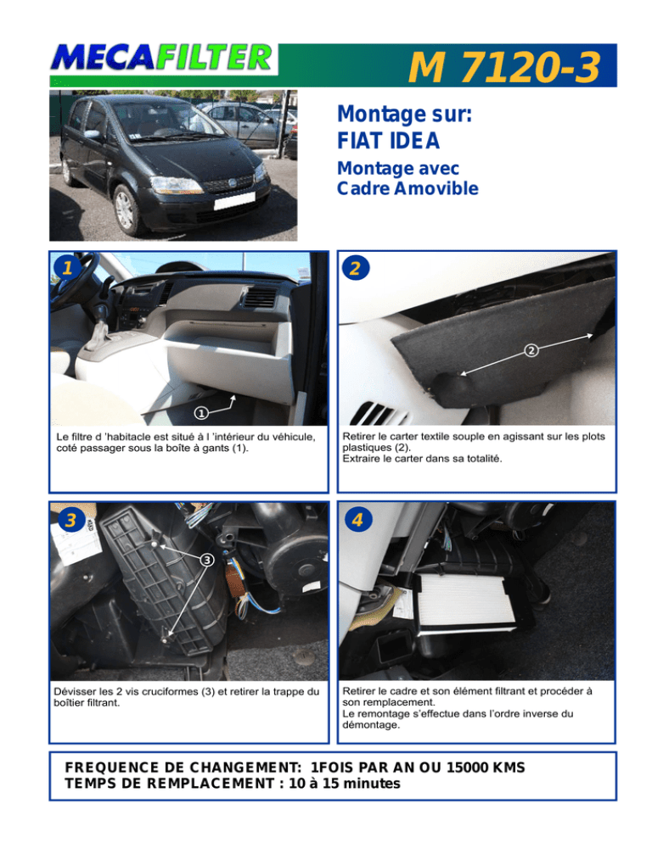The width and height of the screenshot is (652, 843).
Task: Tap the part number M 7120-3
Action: tap(504, 67)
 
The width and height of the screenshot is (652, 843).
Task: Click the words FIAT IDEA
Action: tap(388, 141)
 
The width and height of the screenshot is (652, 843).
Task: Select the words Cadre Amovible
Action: tap(407, 189)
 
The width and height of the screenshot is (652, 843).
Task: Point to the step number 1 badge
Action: tap(66, 267)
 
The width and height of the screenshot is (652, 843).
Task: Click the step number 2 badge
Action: tap(356, 268)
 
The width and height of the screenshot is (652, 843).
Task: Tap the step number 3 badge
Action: tap(71, 519)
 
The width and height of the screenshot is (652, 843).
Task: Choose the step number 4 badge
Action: tap(358, 519)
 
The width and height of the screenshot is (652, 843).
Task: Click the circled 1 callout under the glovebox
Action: tap(201, 413)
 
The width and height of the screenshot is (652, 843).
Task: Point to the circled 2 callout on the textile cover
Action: tap(531, 350)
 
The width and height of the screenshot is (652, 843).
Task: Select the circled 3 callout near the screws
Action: tap(207, 560)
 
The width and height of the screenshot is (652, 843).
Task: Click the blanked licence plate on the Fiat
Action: tap(234, 200)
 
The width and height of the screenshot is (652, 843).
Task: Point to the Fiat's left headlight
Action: tap(175, 186)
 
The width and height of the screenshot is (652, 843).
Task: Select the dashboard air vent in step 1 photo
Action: tap(260, 298)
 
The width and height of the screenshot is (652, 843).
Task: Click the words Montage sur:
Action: tap(404, 114)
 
